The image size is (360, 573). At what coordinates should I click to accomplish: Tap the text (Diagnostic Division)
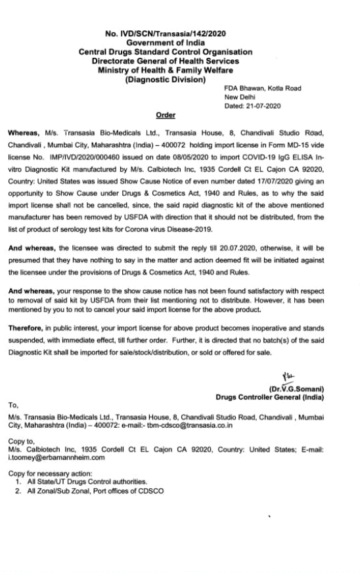(165, 80)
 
